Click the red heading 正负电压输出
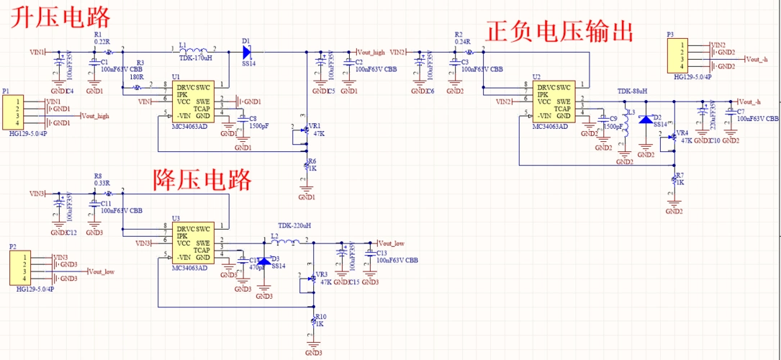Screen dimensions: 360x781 [560, 32]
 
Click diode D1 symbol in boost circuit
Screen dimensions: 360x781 [247, 52]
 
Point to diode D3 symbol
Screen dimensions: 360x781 [264, 261]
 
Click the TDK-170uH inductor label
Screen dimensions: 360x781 [196, 58]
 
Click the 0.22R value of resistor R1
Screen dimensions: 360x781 [102, 42]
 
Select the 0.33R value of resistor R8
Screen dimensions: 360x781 [102, 183]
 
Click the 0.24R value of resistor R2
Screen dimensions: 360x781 [463, 42]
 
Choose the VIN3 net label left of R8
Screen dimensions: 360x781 [37, 194]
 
